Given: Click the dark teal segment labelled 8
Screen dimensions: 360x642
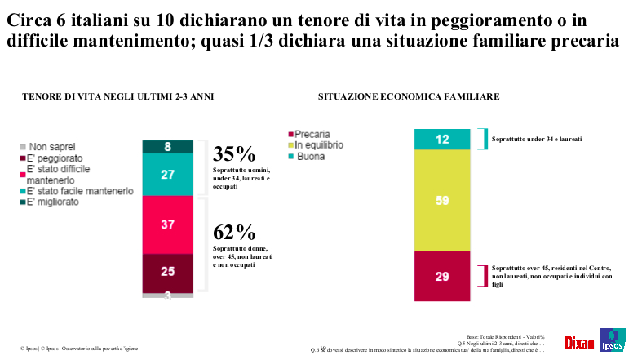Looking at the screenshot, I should click(167, 147).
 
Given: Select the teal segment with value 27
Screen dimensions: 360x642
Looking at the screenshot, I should click(167, 174).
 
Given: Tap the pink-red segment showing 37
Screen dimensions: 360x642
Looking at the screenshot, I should click(167, 224).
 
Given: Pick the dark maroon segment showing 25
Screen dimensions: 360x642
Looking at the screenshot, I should click(167, 272).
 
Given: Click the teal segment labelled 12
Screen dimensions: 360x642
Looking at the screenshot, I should click(442, 140).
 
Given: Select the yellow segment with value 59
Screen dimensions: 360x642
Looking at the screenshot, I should click(442, 201).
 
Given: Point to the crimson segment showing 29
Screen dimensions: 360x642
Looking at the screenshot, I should click(442, 276).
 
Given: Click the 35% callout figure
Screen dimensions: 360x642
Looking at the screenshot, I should click(234, 154).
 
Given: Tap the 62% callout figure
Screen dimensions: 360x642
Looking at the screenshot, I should click(234, 233).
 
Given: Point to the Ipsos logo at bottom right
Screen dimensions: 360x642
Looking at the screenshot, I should click(613, 340).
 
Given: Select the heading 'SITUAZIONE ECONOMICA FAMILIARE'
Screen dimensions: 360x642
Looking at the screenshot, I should click(409, 97).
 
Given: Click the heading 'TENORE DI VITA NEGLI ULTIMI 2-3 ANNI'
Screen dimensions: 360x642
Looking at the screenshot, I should click(117, 97).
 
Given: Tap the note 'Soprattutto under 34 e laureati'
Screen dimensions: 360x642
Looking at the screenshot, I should click(536, 140).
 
